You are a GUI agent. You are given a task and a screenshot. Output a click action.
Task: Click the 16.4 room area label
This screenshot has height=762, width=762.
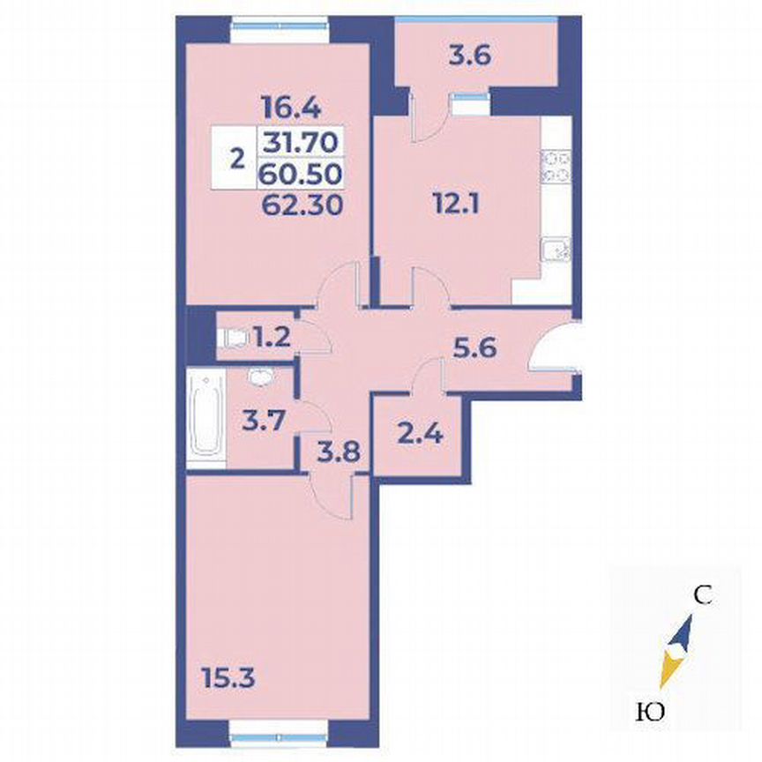click(289, 107)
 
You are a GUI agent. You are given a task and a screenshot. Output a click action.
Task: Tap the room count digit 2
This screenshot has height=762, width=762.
click(235, 160)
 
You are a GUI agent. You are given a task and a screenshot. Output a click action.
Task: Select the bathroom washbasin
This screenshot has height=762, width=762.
click(260, 377)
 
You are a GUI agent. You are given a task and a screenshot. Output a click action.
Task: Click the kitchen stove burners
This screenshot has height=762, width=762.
click(557, 168)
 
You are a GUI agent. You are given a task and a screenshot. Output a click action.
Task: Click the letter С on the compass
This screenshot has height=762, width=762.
click(702, 595)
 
